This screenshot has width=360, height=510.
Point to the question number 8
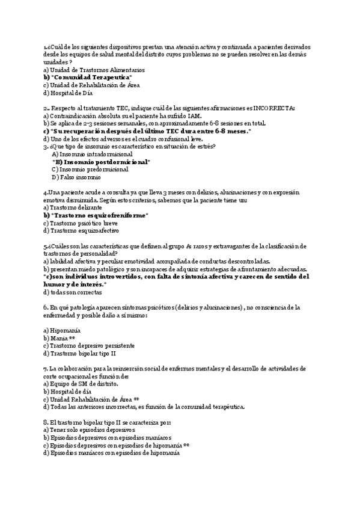point(46,422)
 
